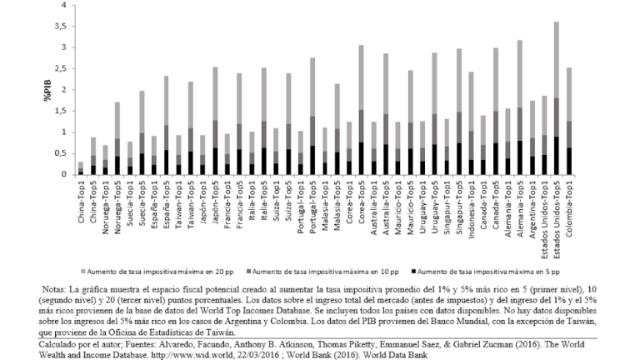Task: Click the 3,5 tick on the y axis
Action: (x=57, y=27)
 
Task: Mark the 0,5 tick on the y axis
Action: (x=57, y=153)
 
